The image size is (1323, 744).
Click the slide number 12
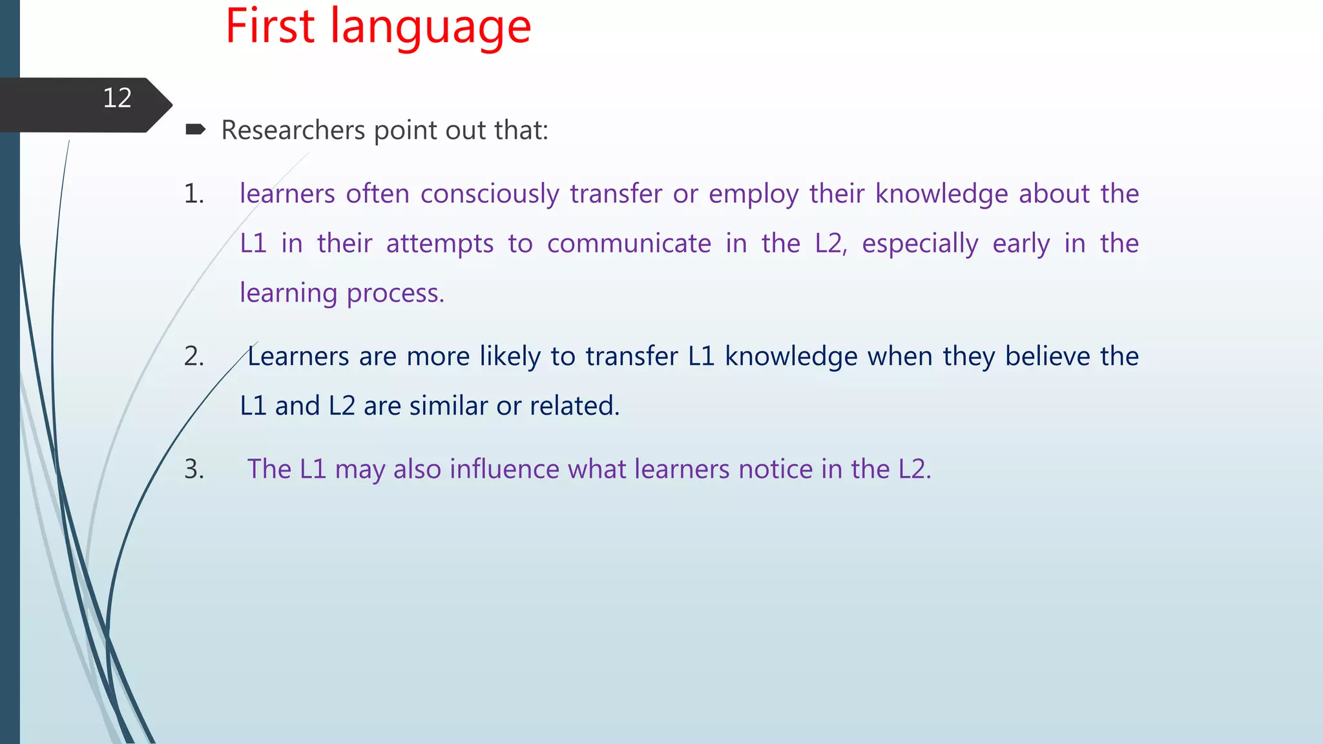[117, 98]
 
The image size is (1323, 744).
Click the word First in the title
[270, 27]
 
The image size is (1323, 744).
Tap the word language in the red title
[431, 30]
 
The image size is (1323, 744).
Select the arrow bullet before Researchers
[195, 130]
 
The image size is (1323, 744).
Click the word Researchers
[293, 130]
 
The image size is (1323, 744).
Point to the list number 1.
[193, 194]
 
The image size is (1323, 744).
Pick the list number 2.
[193, 356]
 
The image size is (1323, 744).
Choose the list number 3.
[193, 469]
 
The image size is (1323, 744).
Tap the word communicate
[629, 244]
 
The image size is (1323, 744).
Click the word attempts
[439, 244]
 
